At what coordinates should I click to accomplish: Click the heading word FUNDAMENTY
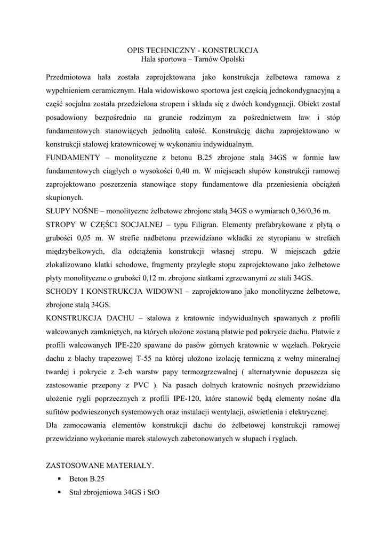(x=71, y=158)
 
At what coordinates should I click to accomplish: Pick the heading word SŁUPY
(x=60, y=210)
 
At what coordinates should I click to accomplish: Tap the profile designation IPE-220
(x=129, y=344)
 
